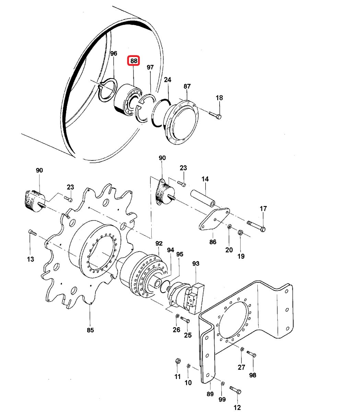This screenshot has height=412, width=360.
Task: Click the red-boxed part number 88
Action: click(x=133, y=61)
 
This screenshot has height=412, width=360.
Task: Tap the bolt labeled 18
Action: click(x=216, y=115)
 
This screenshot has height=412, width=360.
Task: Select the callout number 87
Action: click(x=187, y=87)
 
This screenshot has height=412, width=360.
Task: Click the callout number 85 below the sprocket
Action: click(x=90, y=330)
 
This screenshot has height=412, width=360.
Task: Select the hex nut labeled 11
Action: click(x=178, y=361)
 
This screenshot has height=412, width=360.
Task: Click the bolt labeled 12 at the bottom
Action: click(x=235, y=390)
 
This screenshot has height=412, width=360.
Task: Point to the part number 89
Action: click(x=210, y=394)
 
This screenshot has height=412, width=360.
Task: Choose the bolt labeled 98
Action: click(x=252, y=354)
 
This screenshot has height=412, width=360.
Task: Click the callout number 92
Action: click(x=159, y=244)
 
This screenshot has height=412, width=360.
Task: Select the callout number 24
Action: click(x=167, y=80)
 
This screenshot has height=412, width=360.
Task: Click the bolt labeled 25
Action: click(x=185, y=320)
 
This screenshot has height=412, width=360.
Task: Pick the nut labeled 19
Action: click(x=241, y=233)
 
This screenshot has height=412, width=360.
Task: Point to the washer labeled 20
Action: click(x=230, y=227)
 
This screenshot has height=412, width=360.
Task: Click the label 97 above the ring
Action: click(x=150, y=67)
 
